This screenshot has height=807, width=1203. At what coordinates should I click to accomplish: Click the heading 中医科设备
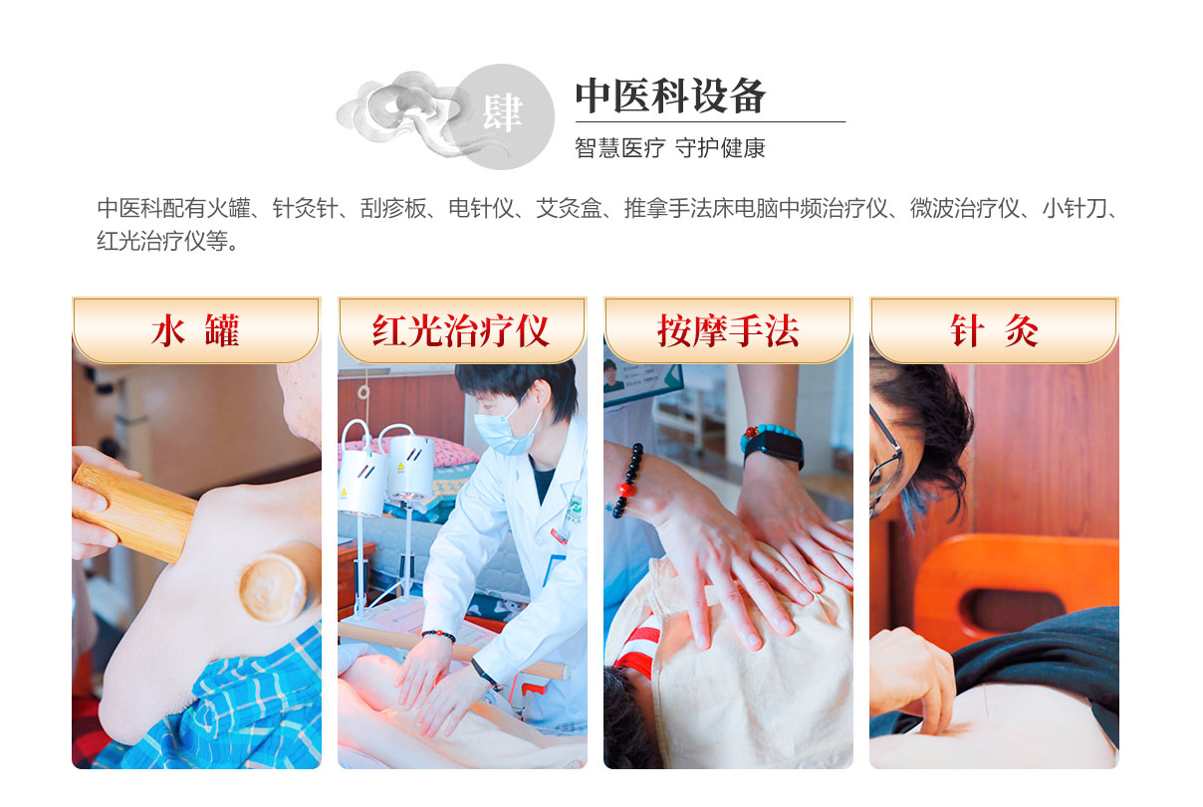coord(670,97)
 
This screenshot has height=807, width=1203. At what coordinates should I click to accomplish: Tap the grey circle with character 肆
coord(502,116)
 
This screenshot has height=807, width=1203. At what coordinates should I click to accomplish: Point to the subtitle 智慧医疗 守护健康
coord(669,148)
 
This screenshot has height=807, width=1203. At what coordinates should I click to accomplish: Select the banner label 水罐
coord(195,330)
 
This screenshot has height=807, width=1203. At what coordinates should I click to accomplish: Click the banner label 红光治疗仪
coord(461,330)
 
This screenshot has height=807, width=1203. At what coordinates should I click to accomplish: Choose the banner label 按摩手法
coord(728,331)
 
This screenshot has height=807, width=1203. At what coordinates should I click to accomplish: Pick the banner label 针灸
coord(994,330)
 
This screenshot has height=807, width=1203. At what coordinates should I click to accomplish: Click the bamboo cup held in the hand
coord(133,511)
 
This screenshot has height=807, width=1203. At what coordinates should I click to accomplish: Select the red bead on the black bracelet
coord(624,490)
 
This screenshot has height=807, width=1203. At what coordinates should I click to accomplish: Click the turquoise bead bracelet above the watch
coord(768,434)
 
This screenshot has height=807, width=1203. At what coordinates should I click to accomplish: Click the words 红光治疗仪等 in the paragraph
coord(162,241)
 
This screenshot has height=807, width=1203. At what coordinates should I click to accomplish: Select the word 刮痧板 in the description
coord(393,208)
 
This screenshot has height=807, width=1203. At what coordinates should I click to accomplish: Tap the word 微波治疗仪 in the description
coord(964,208)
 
